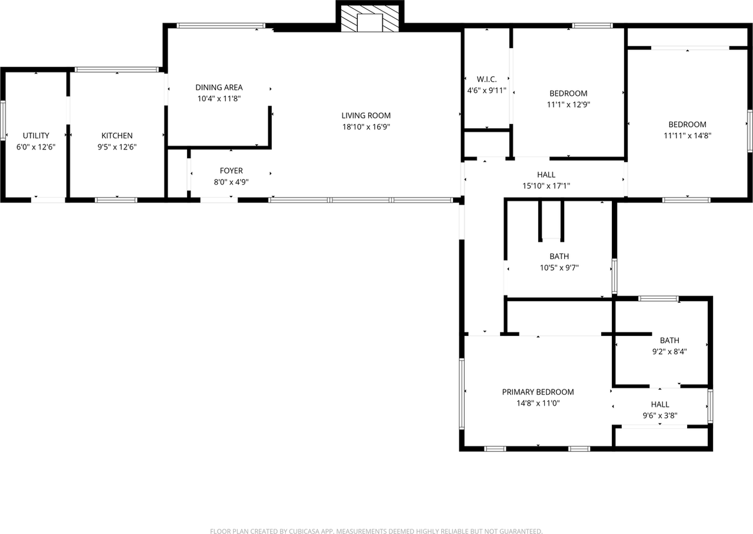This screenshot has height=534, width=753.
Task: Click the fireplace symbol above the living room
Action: click(x=370, y=20)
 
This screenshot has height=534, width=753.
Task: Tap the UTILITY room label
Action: click(x=36, y=136)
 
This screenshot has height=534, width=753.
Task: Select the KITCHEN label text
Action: click(x=117, y=136)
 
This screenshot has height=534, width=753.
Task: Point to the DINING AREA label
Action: click(x=219, y=88)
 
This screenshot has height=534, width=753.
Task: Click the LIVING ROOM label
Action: click(x=366, y=116)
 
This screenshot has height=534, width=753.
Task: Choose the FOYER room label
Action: click(x=231, y=171)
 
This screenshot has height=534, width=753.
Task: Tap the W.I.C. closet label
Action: click(x=487, y=79)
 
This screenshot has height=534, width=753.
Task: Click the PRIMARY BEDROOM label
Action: click(x=538, y=392)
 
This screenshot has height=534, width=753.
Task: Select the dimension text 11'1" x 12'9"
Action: click(x=568, y=105)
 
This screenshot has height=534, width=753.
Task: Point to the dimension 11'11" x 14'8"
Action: click(x=687, y=135)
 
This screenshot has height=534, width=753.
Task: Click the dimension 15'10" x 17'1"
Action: click(x=546, y=186)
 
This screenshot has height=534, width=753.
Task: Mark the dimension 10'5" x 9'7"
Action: click(x=559, y=268)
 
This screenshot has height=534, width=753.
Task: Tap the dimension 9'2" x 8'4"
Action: click(x=669, y=351)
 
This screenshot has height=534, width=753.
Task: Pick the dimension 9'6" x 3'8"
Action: click(x=659, y=415)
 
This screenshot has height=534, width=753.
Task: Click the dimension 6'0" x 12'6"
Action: click(x=36, y=147)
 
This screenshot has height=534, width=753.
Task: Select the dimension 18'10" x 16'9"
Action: click(x=366, y=126)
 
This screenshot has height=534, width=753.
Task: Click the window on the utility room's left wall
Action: click(x=3, y=121)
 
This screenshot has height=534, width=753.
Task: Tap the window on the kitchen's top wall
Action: click(x=116, y=69)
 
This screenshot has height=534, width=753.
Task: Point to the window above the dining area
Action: click(x=221, y=25)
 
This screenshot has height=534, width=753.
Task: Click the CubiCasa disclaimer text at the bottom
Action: click(x=376, y=531)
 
